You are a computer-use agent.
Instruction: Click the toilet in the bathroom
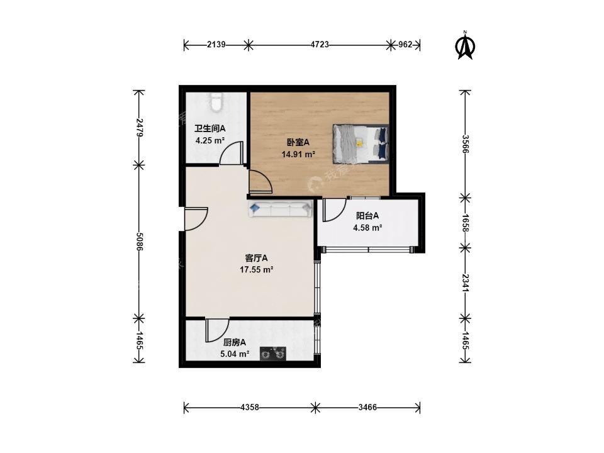tap(216, 103)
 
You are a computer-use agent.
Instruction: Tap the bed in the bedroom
tap(361, 143)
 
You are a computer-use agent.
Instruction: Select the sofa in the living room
tap(279, 209)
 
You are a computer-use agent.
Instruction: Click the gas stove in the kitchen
tap(272, 354)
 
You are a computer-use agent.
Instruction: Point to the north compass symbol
tap(465, 45)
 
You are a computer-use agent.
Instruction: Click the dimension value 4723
tap(320, 45)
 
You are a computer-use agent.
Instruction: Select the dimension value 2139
tap(216, 45)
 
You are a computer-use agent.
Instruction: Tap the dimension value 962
tap(405, 45)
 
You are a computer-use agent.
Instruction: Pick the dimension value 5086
tap(139, 242)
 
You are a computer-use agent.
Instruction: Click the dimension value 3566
tap(466, 144)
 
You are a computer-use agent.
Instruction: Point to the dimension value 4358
tap(250, 407)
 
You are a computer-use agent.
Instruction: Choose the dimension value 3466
tap(367, 407)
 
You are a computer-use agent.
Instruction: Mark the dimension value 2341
tap(466, 283)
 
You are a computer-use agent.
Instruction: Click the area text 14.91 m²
tap(298, 155)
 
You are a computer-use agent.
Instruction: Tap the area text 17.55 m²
tap(257, 270)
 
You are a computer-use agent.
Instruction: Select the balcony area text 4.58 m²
tap(367, 228)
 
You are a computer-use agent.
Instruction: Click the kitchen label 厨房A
tap(235, 342)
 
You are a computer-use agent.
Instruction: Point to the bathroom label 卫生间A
tap(210, 128)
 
